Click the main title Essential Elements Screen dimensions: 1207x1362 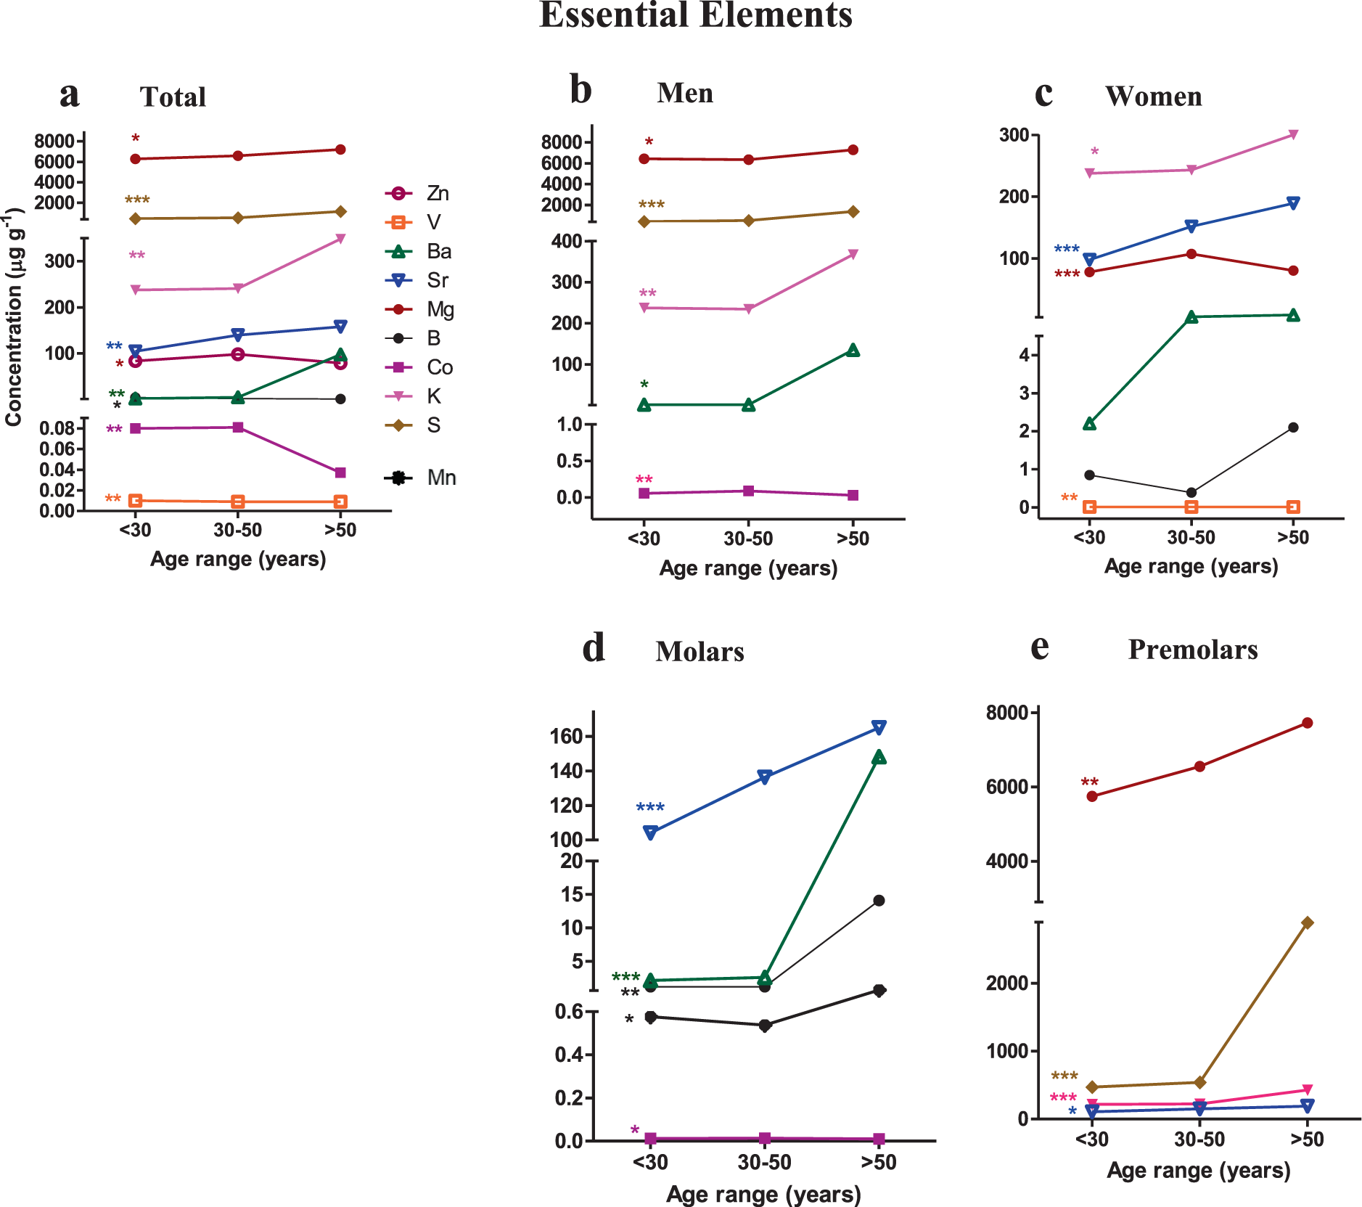(x=695, y=15)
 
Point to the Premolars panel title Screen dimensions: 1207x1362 (x=1192, y=649)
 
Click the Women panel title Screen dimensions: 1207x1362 (x=1153, y=96)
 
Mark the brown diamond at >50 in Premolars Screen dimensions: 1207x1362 (x=1307, y=922)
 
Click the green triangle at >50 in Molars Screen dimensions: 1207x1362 (x=879, y=757)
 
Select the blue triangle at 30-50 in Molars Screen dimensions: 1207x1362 (x=764, y=777)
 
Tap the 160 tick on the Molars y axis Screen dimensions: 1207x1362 (x=567, y=736)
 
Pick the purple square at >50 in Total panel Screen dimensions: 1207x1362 (x=340, y=472)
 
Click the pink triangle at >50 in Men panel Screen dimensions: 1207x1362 (x=853, y=254)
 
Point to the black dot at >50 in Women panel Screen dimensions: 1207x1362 (x=1293, y=427)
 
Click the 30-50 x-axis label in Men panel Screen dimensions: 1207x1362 (x=748, y=539)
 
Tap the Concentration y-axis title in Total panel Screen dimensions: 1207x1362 (x=14, y=317)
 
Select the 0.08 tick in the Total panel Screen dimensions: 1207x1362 (x=57, y=428)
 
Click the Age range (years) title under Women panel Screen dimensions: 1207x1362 (x=1191, y=566)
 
